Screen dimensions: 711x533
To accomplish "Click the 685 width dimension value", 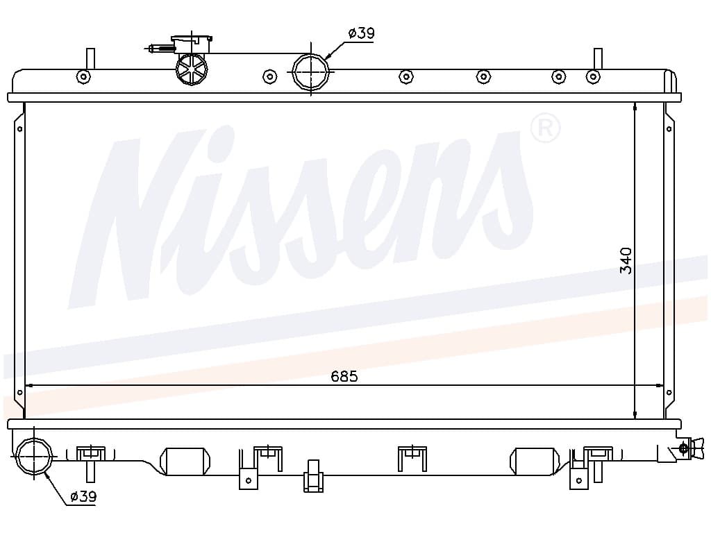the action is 344,375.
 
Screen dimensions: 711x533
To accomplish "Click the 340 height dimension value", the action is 626,261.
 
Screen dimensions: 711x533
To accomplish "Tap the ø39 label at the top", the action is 361,33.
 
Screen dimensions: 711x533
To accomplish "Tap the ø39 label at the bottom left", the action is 83,497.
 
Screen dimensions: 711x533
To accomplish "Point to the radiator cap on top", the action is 192,44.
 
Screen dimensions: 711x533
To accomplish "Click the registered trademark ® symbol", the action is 546,128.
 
